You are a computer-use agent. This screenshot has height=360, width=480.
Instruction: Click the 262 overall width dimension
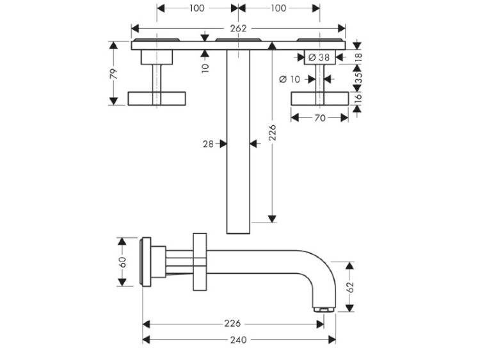pos(238,29)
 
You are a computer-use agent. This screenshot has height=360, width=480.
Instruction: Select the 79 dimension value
pos(114,73)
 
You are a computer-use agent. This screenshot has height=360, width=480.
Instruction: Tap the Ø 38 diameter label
pos(319,58)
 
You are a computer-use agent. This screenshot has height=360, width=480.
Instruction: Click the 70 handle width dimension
pos(320,118)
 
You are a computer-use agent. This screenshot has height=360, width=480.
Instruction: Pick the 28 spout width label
pos(208,145)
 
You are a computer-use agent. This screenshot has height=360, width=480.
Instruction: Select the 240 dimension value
pos(237,340)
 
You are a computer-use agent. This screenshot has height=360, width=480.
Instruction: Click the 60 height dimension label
pos(122,262)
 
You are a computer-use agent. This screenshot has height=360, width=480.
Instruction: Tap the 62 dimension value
pos(349,286)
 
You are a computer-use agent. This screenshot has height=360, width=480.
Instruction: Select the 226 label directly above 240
pos(233,324)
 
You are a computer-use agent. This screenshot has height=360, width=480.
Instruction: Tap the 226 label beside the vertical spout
pos(273,132)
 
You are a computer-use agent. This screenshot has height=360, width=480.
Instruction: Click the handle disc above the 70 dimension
pos(320,98)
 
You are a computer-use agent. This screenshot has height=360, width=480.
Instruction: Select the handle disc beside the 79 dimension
pos(157,98)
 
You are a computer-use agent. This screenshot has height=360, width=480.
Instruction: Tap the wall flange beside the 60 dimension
pos(147,262)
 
